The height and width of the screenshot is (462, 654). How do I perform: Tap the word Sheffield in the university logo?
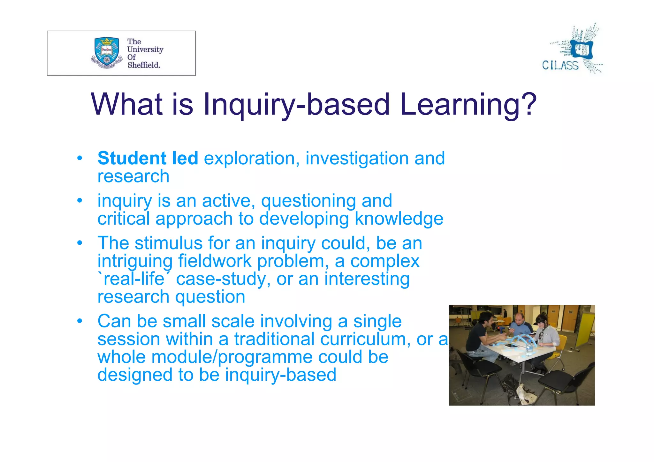point(143,65)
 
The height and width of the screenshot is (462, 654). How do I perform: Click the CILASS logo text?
point(560,65)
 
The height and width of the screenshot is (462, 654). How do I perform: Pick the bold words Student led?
point(148,158)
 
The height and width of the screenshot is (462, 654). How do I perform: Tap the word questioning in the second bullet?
point(308,201)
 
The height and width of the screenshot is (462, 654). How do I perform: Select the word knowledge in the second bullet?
point(399,219)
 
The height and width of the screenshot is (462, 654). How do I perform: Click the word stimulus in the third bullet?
point(169,243)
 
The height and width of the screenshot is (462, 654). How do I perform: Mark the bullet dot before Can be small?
point(80,321)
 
